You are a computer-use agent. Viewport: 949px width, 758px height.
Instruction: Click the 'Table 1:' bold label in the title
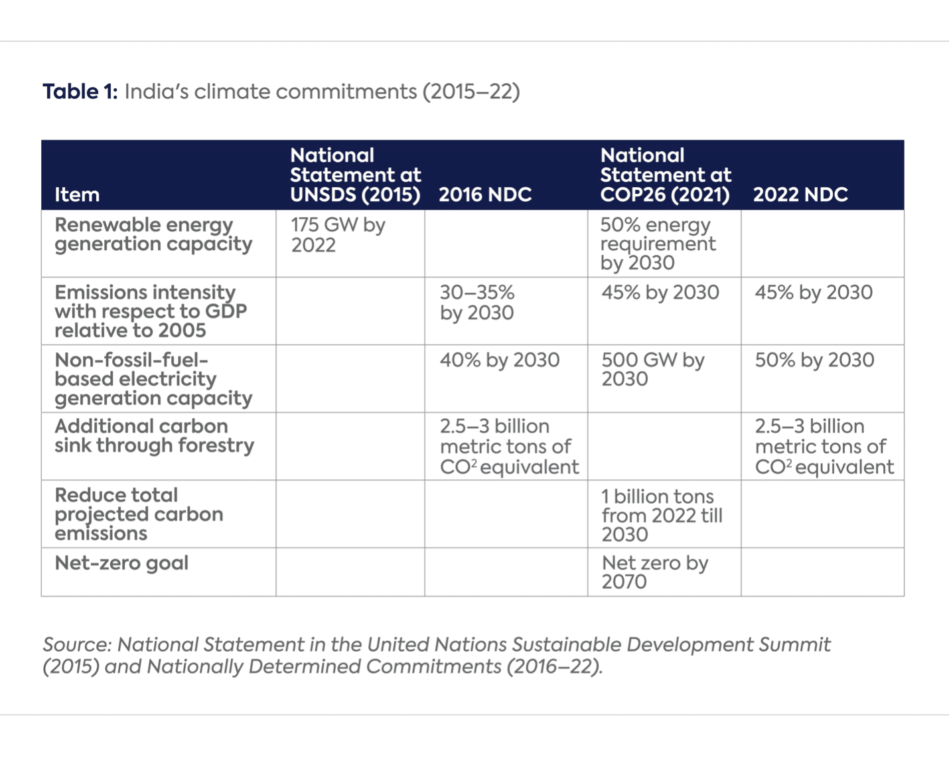80,92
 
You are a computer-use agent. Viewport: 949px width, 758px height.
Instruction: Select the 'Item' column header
77,194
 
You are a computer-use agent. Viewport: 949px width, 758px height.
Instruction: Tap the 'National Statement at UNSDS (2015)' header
355,175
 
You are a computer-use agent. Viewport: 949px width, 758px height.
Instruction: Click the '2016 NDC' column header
485,194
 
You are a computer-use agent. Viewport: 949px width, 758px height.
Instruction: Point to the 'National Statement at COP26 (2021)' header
665,175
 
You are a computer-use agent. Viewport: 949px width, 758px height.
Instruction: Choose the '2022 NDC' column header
800,194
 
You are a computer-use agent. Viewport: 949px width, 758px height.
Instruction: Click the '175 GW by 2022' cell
338,235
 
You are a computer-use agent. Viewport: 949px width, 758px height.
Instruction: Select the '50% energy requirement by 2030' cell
658,244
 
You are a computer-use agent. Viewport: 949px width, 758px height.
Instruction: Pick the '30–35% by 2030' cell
477,303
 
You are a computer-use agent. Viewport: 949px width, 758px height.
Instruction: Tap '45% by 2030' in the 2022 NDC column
814,293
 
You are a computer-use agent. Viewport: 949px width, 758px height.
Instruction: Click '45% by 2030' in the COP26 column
660,293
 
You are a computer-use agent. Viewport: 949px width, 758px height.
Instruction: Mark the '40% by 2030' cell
500,360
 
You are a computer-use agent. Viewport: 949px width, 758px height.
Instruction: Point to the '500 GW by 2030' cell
653,369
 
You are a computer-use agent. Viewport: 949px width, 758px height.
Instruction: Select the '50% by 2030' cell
814,360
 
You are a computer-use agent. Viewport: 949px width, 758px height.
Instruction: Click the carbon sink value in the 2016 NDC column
509,447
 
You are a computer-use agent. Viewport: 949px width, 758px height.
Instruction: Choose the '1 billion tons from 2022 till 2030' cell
662,515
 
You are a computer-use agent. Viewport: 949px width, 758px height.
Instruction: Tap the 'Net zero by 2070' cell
655,571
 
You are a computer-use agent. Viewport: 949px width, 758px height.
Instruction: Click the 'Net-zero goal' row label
121,563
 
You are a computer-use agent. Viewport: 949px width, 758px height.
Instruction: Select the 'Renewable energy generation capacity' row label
153,234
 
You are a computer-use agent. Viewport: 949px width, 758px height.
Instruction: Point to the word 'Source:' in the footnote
77,644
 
